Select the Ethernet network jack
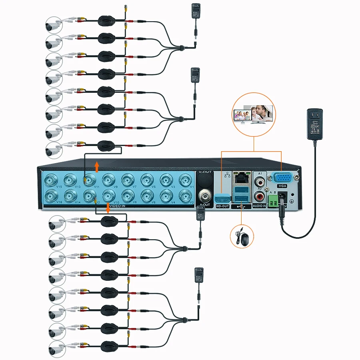click(240, 178)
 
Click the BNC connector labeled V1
click(186, 180)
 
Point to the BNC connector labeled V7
click(128, 180)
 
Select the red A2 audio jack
click(260, 196)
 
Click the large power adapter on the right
click(315, 125)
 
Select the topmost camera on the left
click(53, 25)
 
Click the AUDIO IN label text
click(260, 206)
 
